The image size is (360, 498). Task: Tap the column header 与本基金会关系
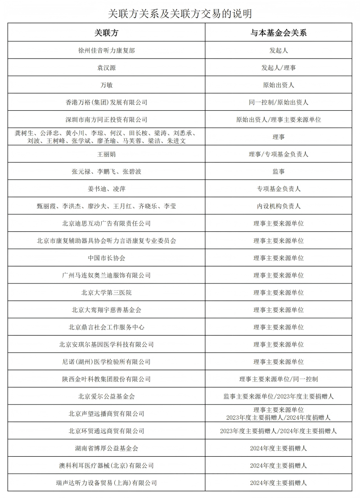point(279,33)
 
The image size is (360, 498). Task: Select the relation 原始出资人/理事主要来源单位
point(279,120)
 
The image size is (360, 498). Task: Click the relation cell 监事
point(279,171)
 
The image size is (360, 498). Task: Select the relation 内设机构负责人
point(279,206)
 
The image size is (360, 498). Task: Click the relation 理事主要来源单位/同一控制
point(279,379)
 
